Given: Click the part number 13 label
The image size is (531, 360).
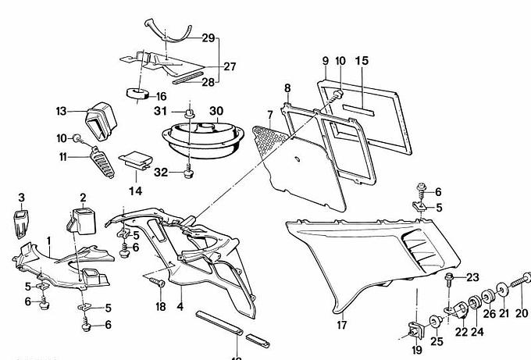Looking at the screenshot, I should click(x=62, y=111).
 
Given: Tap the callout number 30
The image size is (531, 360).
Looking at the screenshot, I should click(x=216, y=111).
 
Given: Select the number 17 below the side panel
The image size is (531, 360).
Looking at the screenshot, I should click(x=341, y=326).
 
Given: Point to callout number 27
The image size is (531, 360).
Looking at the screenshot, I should click(x=229, y=67).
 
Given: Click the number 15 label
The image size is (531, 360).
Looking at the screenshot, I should click(x=362, y=61).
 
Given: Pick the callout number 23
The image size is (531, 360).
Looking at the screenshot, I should click(x=472, y=277).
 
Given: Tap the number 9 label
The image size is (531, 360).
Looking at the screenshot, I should click(x=324, y=61).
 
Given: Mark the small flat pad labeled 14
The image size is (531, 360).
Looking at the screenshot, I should click(x=135, y=160).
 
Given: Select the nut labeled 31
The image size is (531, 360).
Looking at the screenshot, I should click(x=188, y=115).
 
